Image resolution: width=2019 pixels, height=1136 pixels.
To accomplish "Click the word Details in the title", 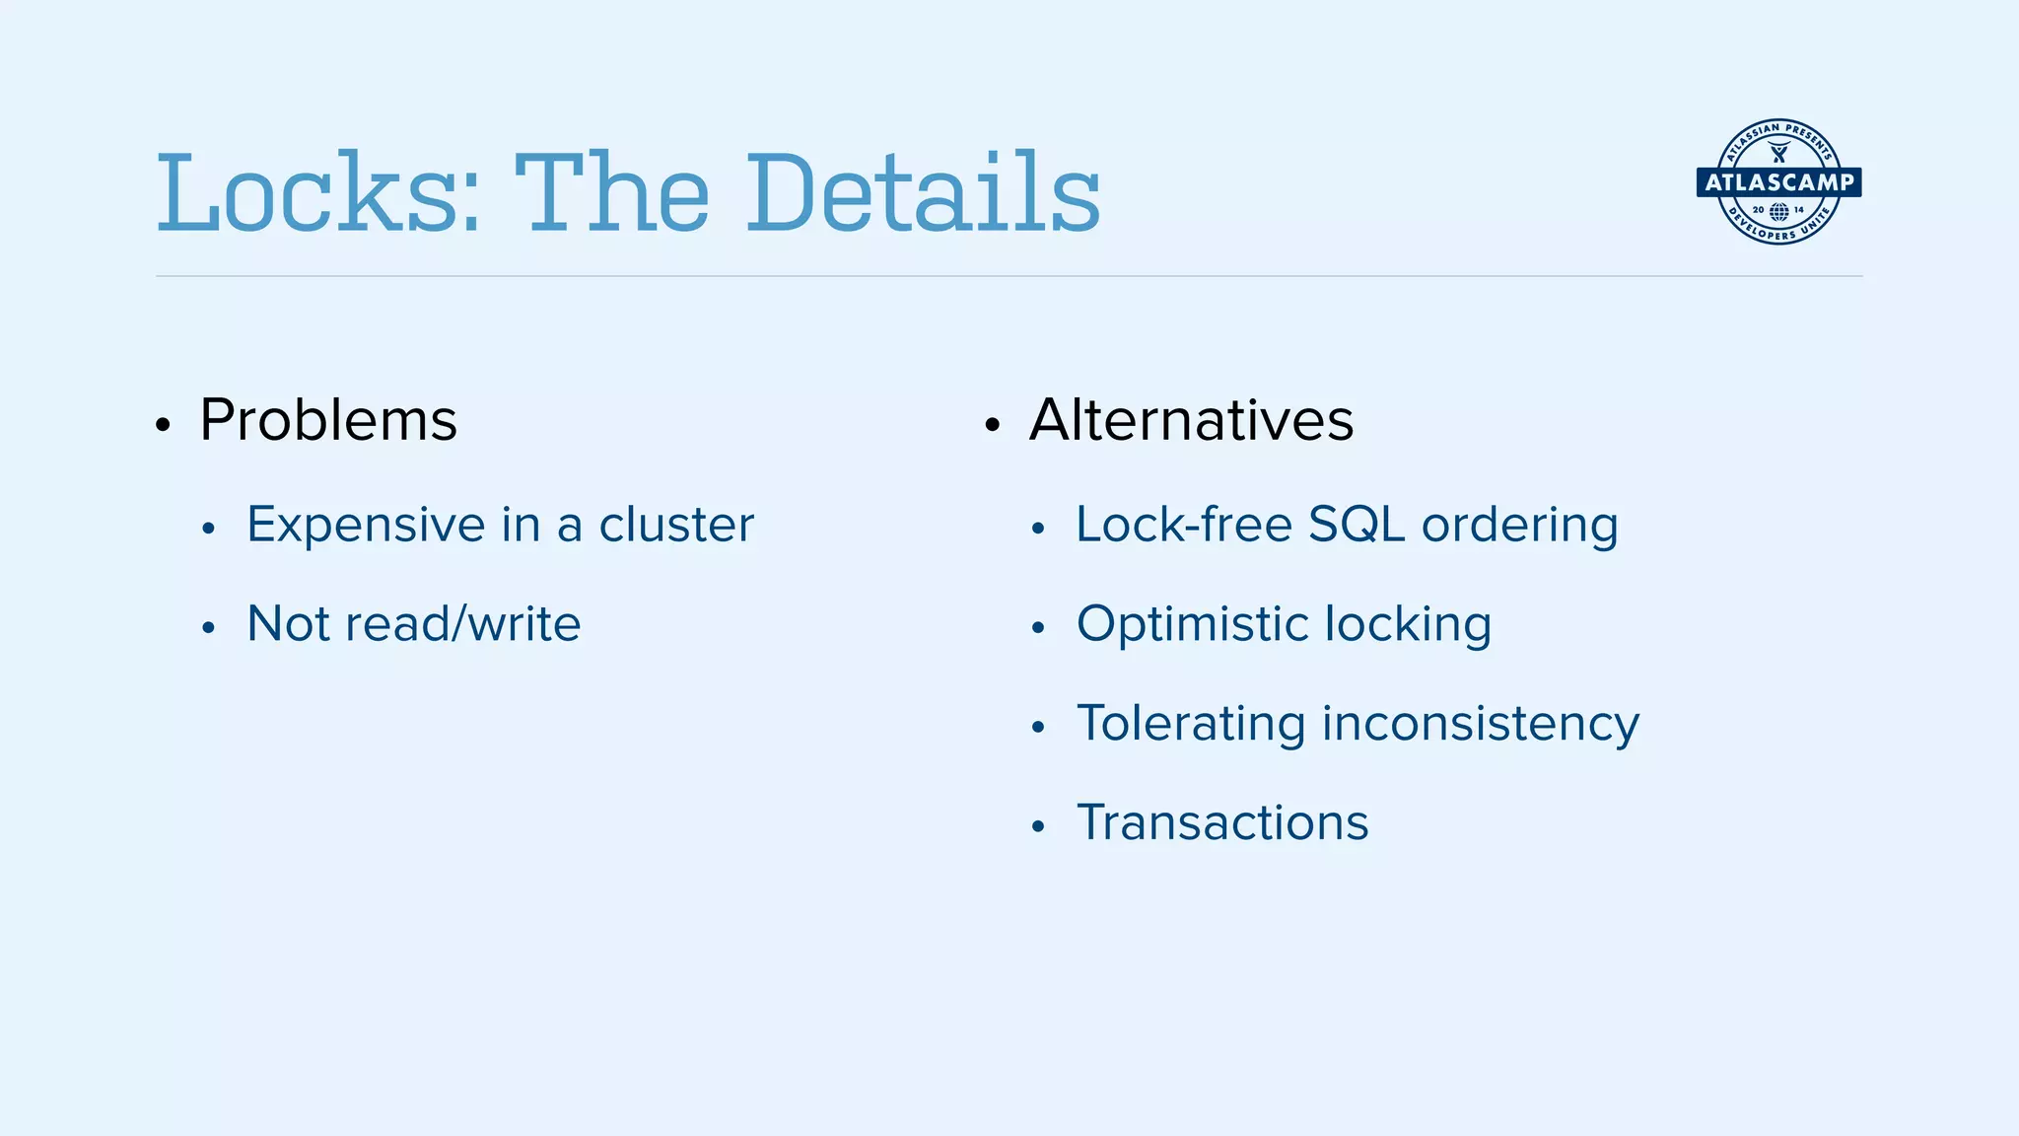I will click(x=922, y=193).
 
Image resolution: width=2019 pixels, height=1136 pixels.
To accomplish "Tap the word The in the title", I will click(x=611, y=193).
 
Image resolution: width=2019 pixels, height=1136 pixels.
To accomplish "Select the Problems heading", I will click(x=328, y=420).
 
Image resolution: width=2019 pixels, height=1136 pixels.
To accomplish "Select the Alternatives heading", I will click(x=1191, y=420).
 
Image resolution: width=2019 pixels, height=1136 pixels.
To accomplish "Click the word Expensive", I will click(x=366, y=525).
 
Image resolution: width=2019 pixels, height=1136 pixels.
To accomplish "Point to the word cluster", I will click(x=676, y=525).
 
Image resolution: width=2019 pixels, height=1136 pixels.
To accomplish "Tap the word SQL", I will click(x=1356, y=525).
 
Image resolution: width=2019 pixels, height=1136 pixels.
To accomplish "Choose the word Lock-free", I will click(x=1183, y=525).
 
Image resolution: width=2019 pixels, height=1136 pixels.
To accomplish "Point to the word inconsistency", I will click(x=1480, y=724).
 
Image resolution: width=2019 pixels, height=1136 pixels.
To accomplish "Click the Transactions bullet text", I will click(x=1222, y=822).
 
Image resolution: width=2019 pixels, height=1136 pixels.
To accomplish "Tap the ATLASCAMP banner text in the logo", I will click(x=1778, y=182).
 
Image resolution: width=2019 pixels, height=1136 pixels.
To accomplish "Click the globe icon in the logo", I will click(x=1778, y=211).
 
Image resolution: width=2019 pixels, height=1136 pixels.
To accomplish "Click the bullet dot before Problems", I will click(x=164, y=426).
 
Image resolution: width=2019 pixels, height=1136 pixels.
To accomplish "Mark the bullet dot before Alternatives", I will click(x=993, y=426).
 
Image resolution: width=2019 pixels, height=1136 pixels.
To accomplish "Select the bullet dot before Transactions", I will click(x=1037, y=826).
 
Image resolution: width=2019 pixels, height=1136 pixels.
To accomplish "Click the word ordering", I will click(x=1519, y=525).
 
